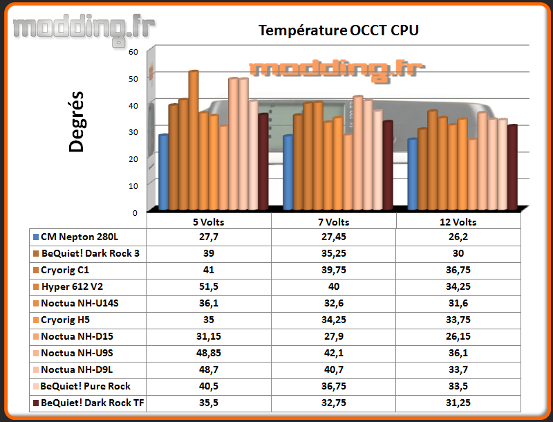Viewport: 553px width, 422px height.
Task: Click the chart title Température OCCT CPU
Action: coord(339,30)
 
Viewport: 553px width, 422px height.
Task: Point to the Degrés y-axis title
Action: coord(76,122)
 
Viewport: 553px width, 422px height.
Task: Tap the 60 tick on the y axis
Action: coord(133,52)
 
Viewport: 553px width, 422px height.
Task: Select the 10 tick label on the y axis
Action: coord(133,186)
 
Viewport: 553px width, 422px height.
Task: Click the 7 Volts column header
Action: coord(334,222)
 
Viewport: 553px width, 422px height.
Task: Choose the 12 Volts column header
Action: coord(458,222)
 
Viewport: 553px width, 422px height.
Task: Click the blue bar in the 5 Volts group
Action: coord(163,172)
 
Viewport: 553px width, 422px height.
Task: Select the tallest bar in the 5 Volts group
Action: coord(194,140)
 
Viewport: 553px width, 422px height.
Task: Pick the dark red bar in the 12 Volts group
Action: coord(512,167)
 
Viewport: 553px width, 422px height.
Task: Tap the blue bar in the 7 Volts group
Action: coord(288,172)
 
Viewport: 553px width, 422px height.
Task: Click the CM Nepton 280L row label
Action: coord(79,237)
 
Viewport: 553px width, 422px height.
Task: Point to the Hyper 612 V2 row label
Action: coord(73,286)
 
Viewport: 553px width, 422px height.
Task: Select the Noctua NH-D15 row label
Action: coord(77,336)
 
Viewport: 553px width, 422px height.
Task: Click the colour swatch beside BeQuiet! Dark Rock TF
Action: coord(36,403)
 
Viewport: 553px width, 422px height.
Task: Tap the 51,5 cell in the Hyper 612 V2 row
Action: coord(209,286)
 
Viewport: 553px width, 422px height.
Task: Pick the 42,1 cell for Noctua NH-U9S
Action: coord(334,353)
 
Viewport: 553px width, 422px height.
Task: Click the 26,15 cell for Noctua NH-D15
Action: coord(458,336)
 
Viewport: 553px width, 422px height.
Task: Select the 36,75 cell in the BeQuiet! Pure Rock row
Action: coord(334,386)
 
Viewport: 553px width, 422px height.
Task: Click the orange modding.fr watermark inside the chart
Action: coord(337,71)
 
